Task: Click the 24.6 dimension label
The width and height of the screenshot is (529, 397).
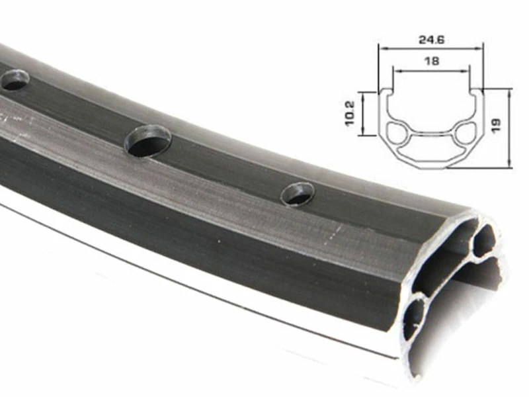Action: (432, 40)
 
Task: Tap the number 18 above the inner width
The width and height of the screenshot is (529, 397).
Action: (432, 61)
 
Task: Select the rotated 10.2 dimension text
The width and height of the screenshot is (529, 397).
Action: (350, 113)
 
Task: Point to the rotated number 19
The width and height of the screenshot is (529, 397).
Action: (496, 125)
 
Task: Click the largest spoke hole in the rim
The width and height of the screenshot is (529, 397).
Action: (147, 140)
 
